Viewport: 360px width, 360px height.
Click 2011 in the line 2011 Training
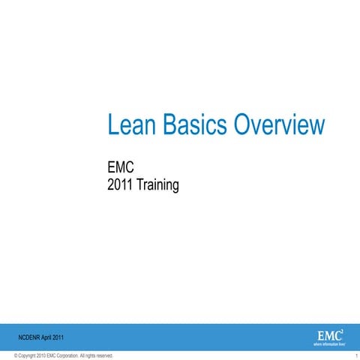coord(121,184)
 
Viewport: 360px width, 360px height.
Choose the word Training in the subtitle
coord(157,184)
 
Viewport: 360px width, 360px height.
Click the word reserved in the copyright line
coord(106,355)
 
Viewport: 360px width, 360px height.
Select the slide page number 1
coord(354,355)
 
